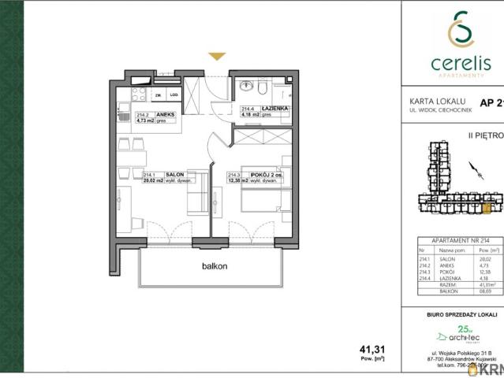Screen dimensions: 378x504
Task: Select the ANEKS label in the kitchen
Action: (x=166, y=114)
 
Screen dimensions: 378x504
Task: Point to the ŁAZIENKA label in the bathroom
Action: (x=276, y=109)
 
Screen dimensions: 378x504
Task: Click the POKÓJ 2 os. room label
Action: (x=267, y=176)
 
